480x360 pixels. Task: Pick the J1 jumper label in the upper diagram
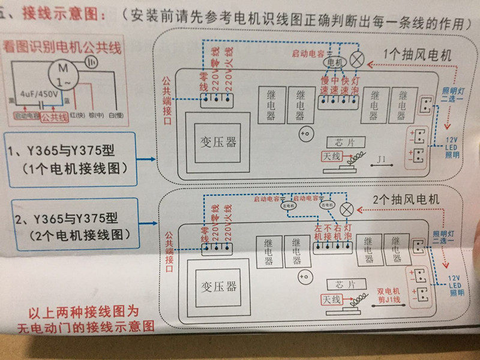[x=382, y=160]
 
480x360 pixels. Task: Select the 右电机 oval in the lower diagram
[x=327, y=205]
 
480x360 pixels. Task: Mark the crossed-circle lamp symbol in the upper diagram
[x=358, y=59]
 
